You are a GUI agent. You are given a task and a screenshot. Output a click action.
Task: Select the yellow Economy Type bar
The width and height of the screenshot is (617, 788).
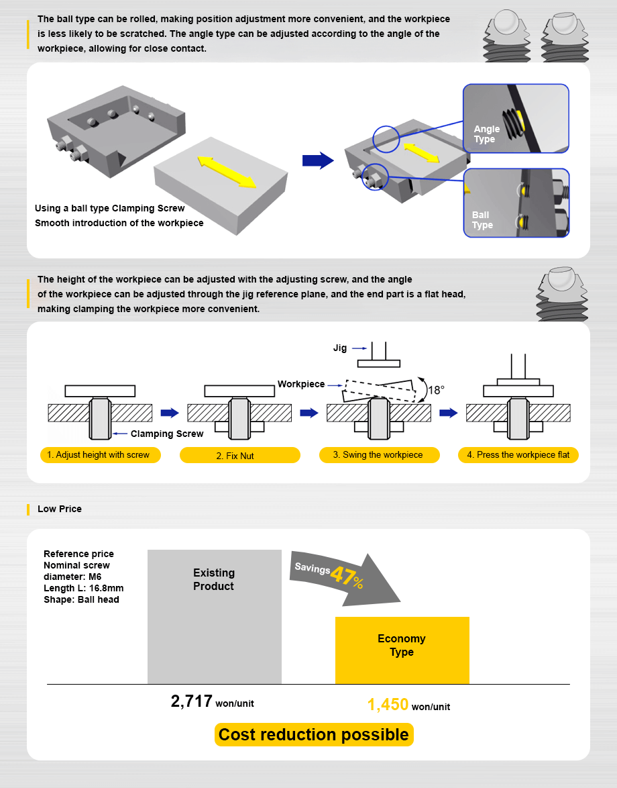tap(402, 650)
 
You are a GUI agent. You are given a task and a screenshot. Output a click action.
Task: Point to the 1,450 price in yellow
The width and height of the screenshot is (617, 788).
tap(388, 705)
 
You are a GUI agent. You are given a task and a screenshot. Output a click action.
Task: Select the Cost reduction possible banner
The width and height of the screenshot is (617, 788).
tap(314, 734)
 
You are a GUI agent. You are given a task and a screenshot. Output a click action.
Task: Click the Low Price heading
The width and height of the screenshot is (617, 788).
tap(59, 509)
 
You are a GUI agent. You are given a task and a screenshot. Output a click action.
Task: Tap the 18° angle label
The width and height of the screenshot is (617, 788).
tap(436, 389)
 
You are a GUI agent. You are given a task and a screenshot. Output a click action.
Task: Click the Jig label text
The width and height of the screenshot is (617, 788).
tap(340, 348)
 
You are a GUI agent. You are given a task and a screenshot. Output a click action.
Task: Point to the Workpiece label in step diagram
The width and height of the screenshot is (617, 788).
tap(300, 384)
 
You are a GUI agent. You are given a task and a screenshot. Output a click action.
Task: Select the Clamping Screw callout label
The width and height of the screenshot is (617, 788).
tap(167, 434)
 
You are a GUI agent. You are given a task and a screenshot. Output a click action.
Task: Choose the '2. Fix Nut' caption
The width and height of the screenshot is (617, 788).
tap(239, 456)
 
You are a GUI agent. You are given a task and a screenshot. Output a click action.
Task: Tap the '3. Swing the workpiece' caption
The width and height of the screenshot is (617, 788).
tap(378, 455)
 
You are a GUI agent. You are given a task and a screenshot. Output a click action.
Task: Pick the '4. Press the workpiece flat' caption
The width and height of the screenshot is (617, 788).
tap(518, 455)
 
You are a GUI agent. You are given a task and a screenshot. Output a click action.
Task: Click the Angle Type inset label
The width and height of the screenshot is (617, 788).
tap(486, 134)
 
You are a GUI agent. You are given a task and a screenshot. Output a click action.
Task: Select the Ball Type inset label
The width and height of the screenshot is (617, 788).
tap(482, 220)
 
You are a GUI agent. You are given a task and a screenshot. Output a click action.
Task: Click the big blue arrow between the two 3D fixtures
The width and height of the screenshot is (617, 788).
tap(317, 160)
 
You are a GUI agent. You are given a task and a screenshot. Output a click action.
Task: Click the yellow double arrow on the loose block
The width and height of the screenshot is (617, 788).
tap(226, 171)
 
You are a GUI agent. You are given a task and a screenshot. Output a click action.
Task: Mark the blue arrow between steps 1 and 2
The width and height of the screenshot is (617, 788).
tap(170, 413)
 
